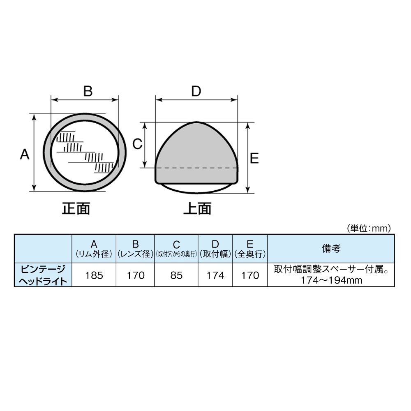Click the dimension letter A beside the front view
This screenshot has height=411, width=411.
[25, 154]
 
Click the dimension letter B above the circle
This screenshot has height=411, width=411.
[88, 91]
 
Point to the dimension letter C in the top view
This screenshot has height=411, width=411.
[137, 144]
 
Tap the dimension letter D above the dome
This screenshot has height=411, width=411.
[196, 91]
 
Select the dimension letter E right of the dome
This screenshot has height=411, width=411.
[254, 158]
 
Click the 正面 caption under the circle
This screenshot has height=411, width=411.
[76, 209]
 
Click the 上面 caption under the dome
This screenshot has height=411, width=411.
[197, 209]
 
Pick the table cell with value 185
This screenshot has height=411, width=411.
[94, 275]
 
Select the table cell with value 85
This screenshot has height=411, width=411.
[176, 275]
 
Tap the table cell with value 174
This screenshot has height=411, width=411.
[215, 275]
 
